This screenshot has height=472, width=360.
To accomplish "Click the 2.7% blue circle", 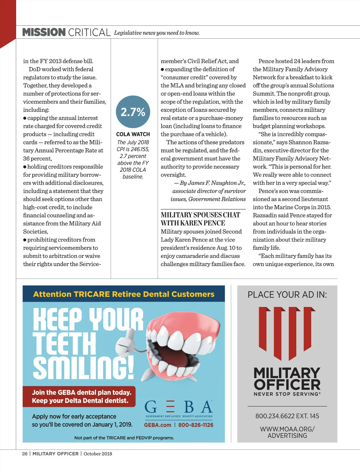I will pyautogui.click(x=133, y=112).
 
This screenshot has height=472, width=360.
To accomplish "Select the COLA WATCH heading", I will pyautogui.click(x=133, y=134).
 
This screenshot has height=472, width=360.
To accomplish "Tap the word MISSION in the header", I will pyautogui.click(x=44, y=32).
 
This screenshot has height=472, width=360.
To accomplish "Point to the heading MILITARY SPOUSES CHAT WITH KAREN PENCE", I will pyautogui.click(x=200, y=219).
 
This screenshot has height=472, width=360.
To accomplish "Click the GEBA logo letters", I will pyautogui.click(x=179, y=407).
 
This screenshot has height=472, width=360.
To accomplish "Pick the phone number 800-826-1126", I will pyautogui.click(x=196, y=425).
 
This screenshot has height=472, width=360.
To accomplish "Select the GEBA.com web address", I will pyautogui.click(x=157, y=425).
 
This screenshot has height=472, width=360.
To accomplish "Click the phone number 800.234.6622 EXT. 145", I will pyautogui.click(x=287, y=416).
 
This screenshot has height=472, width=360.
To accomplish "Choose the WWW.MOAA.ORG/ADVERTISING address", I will pyautogui.click(x=287, y=432).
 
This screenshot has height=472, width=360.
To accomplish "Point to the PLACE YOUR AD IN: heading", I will pyautogui.click(x=287, y=295).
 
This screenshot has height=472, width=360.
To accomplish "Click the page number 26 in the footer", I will pyautogui.click(x=25, y=454).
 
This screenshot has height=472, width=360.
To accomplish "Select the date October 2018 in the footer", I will pyautogui.click(x=98, y=454).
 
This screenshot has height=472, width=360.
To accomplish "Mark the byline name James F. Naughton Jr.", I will pyautogui.click(x=212, y=183).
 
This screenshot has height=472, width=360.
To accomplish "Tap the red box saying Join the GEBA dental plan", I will pyautogui.click(x=79, y=396).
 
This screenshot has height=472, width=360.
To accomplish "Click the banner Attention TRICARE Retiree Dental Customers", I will pyautogui.click(x=124, y=294).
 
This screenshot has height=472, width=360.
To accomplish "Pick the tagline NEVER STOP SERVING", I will pyautogui.click(x=287, y=394).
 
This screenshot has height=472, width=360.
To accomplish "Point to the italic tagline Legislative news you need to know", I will pyautogui.click(x=157, y=33).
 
